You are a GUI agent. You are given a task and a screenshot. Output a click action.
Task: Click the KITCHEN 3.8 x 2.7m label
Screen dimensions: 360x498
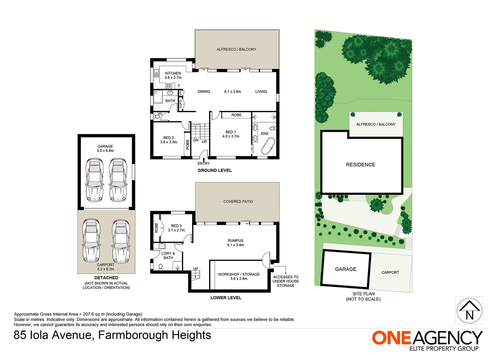pos(173,75)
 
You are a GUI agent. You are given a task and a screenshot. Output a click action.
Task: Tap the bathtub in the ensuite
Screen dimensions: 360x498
pos(268,146)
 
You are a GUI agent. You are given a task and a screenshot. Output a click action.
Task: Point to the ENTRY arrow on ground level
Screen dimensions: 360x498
pos(204,160)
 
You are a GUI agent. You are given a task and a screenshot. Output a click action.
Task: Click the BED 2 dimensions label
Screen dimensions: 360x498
pos(169,142)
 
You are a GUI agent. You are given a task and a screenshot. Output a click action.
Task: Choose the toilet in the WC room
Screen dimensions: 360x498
pos(157,116)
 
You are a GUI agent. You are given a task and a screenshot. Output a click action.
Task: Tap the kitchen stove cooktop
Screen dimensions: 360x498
pos(169,86)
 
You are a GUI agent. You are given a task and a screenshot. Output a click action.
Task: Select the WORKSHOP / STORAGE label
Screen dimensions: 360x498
pos(239,274)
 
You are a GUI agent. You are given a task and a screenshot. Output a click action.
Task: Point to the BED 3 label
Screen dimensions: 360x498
pos(176,226)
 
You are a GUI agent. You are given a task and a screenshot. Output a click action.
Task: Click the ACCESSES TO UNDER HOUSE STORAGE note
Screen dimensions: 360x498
pos(285,281)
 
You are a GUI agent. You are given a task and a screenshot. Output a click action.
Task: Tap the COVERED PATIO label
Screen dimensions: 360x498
pos(238,201)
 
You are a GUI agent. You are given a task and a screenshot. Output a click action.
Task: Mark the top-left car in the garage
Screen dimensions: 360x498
pos(95,180)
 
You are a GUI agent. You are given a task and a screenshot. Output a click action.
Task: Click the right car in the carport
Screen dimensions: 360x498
pos(120,241)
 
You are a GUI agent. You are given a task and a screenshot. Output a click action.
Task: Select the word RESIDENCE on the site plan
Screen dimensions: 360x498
pos(360,165)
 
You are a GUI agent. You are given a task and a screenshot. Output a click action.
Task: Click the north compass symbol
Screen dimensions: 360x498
pos(469,310)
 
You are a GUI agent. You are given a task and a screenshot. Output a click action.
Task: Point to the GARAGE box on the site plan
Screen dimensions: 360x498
pos(345,269)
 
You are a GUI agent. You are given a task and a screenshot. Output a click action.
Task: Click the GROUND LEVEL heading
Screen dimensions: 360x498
pos(215,170)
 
